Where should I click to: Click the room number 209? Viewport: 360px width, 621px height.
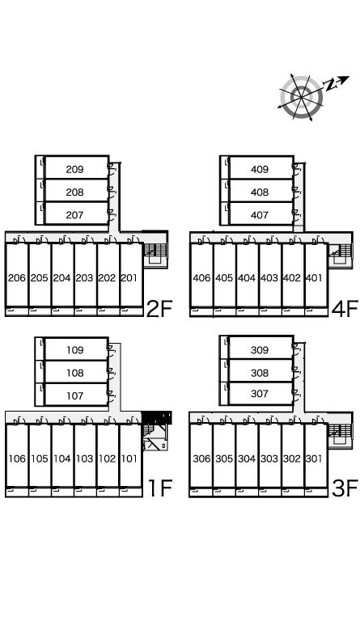coord(75,170)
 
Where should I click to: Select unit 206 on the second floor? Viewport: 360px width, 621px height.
coord(17,278)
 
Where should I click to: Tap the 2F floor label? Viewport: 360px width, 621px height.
coord(159,310)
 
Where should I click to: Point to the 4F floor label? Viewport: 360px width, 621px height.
coord(345,309)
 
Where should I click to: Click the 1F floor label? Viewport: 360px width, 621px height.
coord(160,488)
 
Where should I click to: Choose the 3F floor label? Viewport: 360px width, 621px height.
coord(345,488)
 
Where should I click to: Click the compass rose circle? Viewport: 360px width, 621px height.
coord(301,97)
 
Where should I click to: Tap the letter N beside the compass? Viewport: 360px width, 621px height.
coord(329,84)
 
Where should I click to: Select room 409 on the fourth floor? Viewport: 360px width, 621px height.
coord(260,170)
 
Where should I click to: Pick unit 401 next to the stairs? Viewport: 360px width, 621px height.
coord(314,278)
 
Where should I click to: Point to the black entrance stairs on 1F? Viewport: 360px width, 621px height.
coord(156,418)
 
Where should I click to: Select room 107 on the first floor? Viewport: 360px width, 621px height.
coord(75,395)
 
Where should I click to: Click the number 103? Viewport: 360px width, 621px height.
coord(84,458)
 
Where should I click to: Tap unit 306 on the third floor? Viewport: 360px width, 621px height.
coord(201,458)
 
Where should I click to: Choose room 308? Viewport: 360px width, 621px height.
coord(260,373)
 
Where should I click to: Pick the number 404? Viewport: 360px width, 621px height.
coord(247,278)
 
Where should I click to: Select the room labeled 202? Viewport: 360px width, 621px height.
coord(107,278)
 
